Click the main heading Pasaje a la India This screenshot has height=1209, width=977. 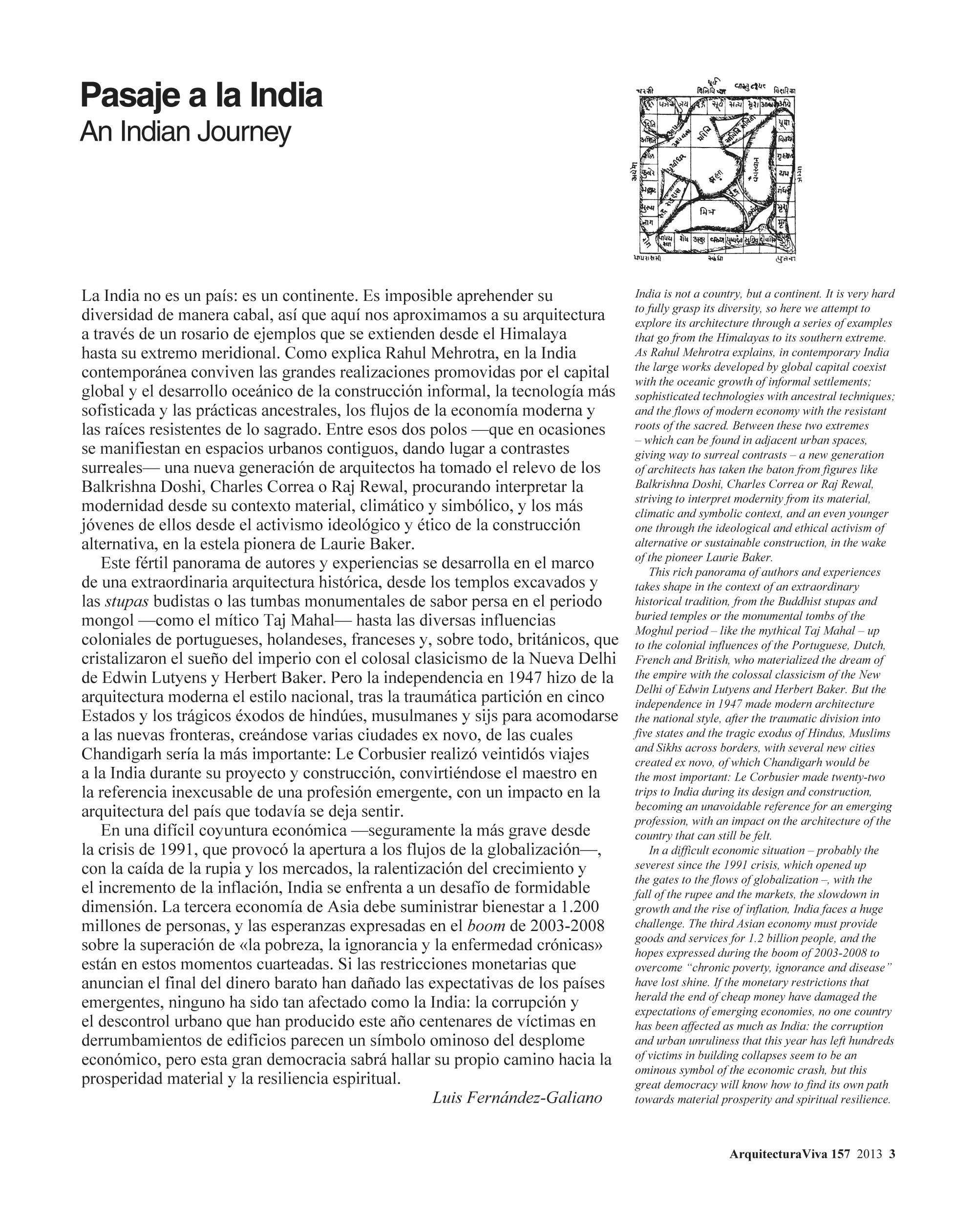coord(201,96)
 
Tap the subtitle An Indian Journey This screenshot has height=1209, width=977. coord(185,132)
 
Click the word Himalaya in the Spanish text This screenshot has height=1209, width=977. coord(533,334)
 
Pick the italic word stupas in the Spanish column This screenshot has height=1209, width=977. coord(127,601)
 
